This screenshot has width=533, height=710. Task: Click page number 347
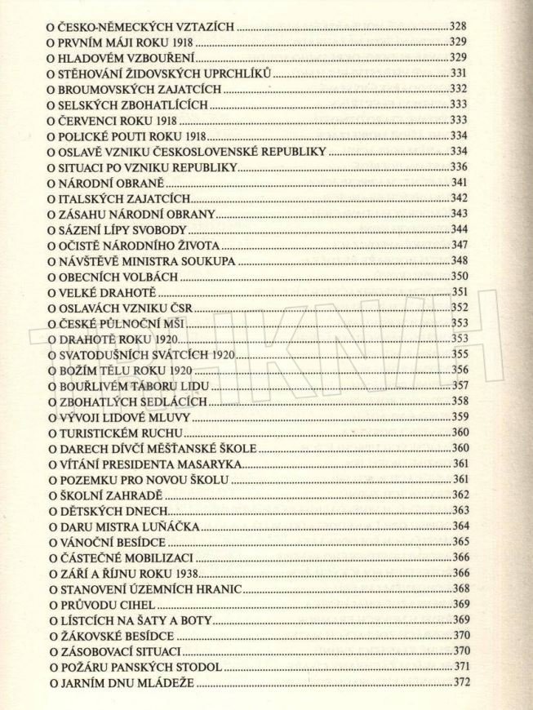[460, 244]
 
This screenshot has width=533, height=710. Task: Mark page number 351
[460, 291]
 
